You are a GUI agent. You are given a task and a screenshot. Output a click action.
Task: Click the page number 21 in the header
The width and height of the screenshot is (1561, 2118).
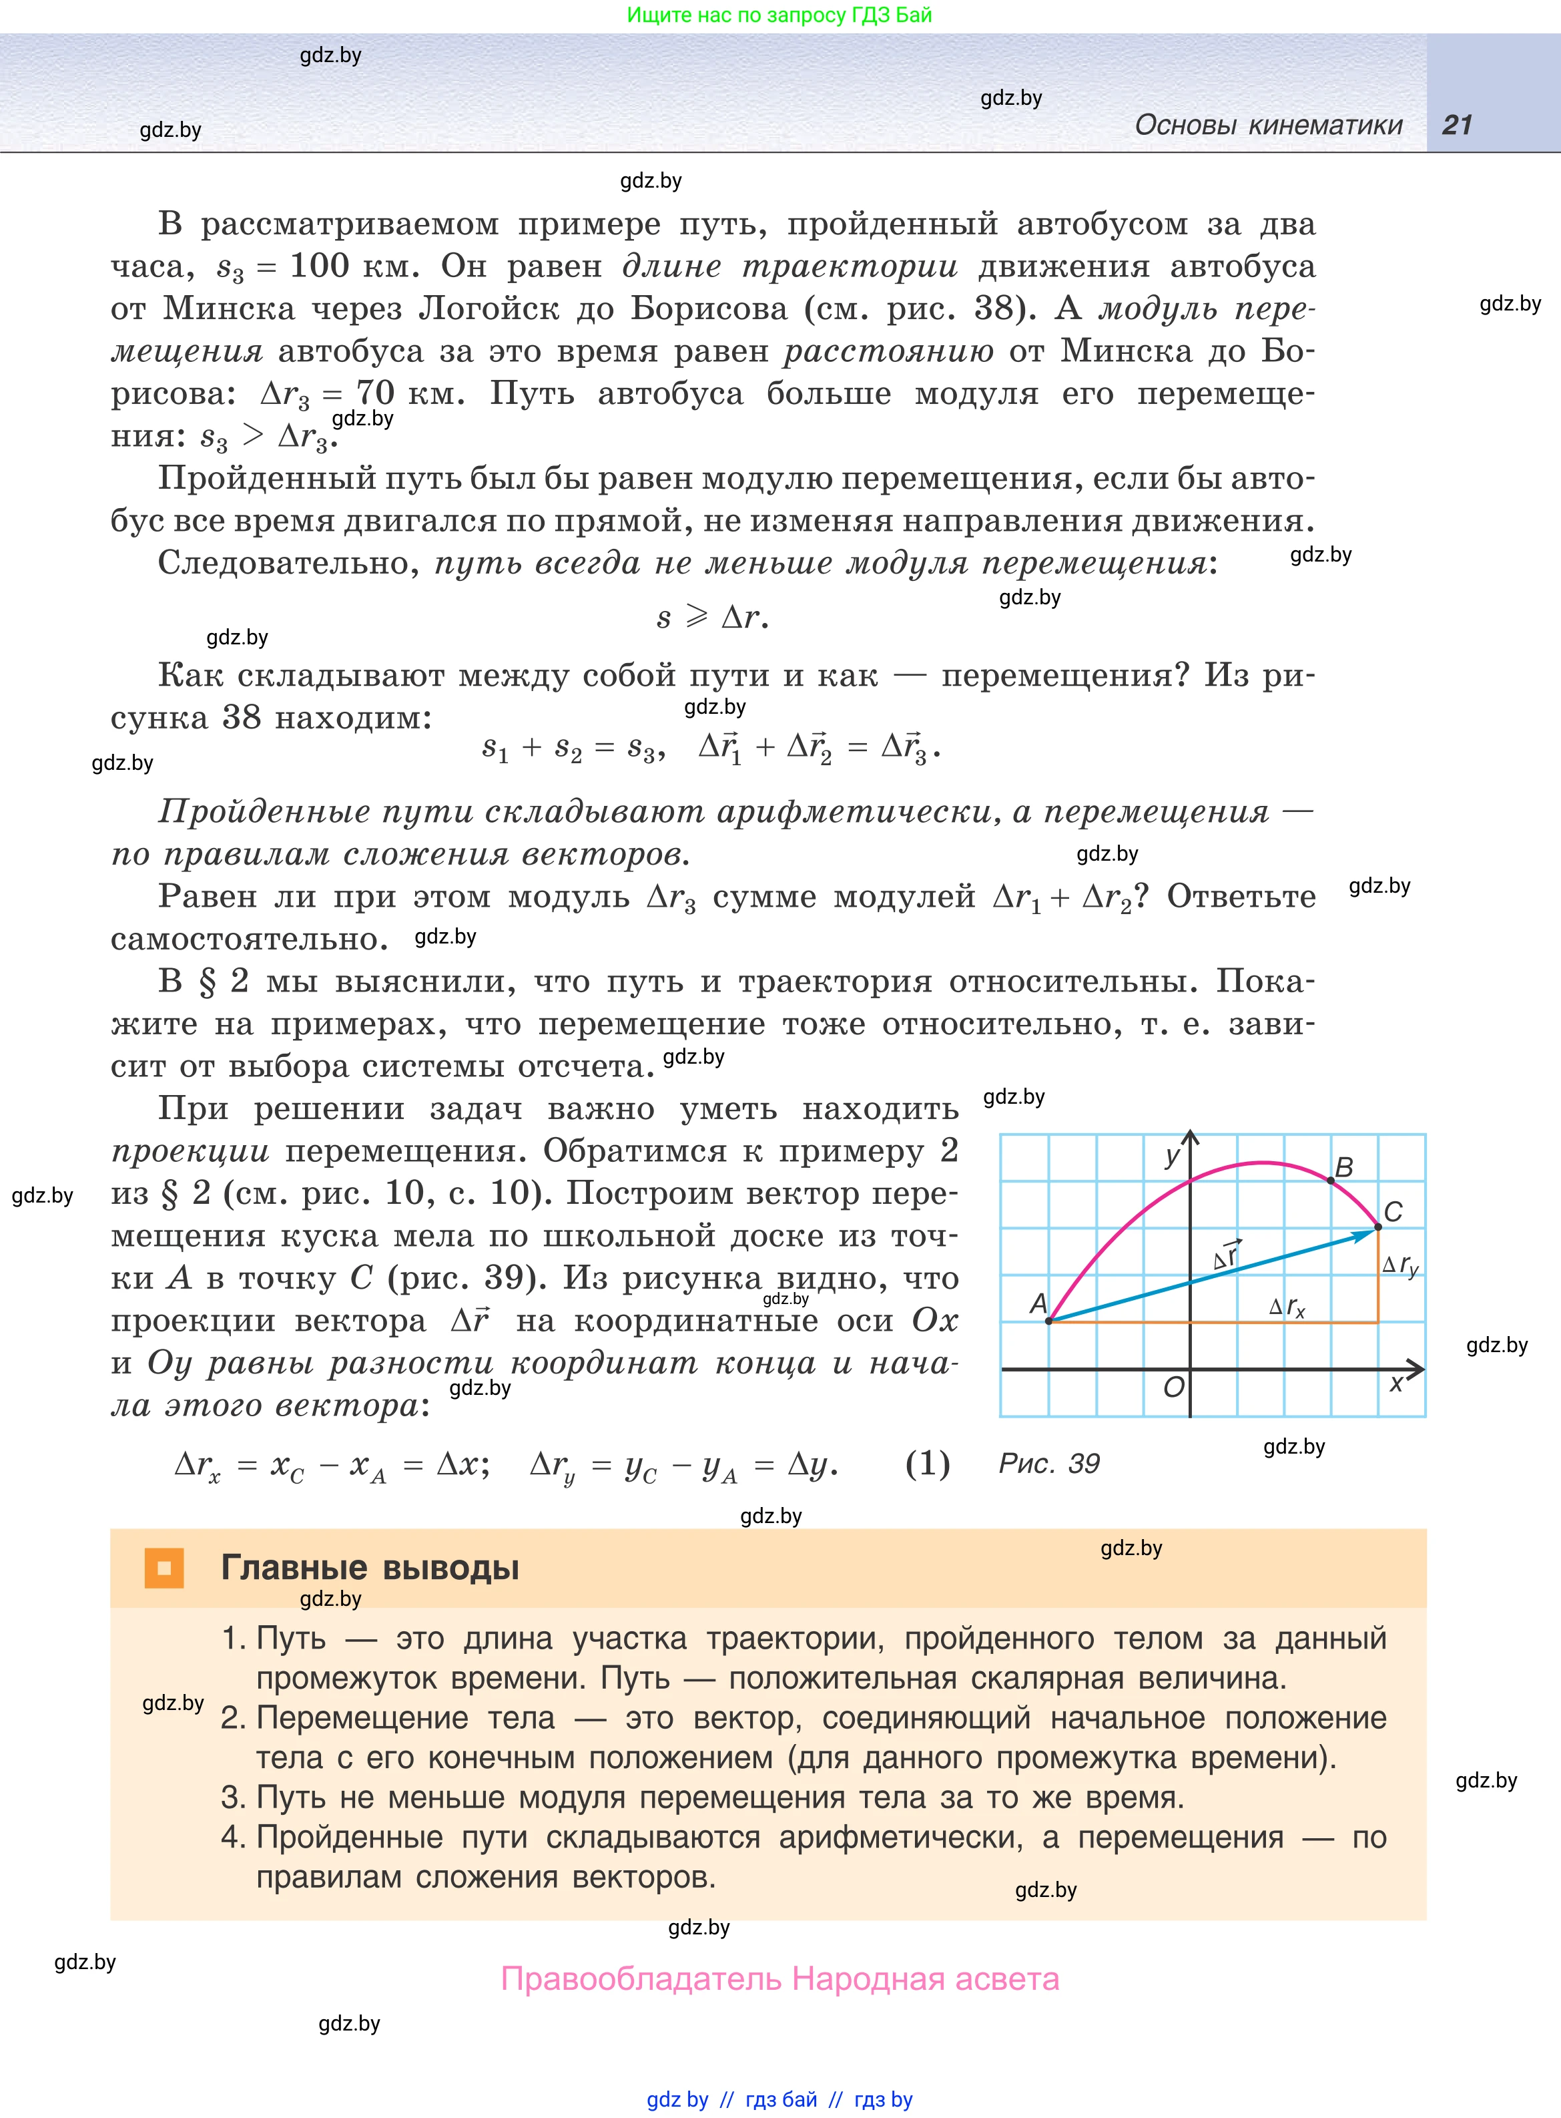click(1456, 125)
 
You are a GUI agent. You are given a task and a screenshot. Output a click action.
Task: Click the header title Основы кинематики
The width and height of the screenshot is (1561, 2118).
click(1268, 125)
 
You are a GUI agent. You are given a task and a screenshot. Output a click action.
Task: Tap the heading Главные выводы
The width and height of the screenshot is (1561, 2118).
click(370, 1568)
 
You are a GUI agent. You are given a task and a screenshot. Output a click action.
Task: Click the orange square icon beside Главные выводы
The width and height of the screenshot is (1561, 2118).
click(164, 1568)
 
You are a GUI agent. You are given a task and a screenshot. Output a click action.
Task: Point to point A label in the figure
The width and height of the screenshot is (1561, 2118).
click(1038, 1303)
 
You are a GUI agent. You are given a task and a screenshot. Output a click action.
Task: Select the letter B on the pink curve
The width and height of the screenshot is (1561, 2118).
click(1343, 1167)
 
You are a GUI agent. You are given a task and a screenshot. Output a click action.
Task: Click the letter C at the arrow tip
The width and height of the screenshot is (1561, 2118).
click(1393, 1212)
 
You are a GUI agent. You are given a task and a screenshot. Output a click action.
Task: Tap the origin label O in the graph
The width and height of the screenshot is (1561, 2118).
click(1173, 1386)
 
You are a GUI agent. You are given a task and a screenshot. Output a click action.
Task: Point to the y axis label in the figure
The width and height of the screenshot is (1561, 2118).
click(1173, 1155)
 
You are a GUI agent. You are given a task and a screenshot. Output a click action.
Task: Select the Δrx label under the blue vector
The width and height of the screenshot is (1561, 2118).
click(1287, 1307)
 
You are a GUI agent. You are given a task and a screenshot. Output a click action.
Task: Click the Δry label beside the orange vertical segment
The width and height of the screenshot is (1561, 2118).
click(1399, 1265)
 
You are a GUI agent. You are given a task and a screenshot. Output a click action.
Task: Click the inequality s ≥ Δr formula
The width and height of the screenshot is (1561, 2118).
click(713, 617)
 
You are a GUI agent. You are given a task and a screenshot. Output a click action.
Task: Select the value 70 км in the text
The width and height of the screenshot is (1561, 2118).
click(409, 392)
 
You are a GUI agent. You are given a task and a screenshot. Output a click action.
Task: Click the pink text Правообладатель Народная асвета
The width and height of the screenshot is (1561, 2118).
click(779, 1978)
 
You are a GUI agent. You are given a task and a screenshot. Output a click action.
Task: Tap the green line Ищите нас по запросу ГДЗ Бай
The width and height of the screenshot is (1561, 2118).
click(779, 15)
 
